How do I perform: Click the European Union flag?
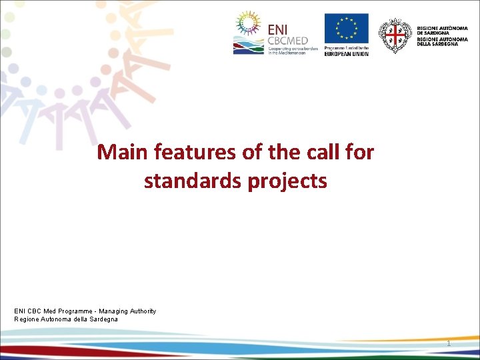346,29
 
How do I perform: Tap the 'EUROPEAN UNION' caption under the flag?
346,53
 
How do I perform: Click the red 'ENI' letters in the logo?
279,29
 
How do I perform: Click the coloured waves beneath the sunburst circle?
248,47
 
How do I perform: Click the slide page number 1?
449,343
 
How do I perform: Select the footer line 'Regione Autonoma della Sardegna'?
66,319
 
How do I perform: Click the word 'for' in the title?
361,153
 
